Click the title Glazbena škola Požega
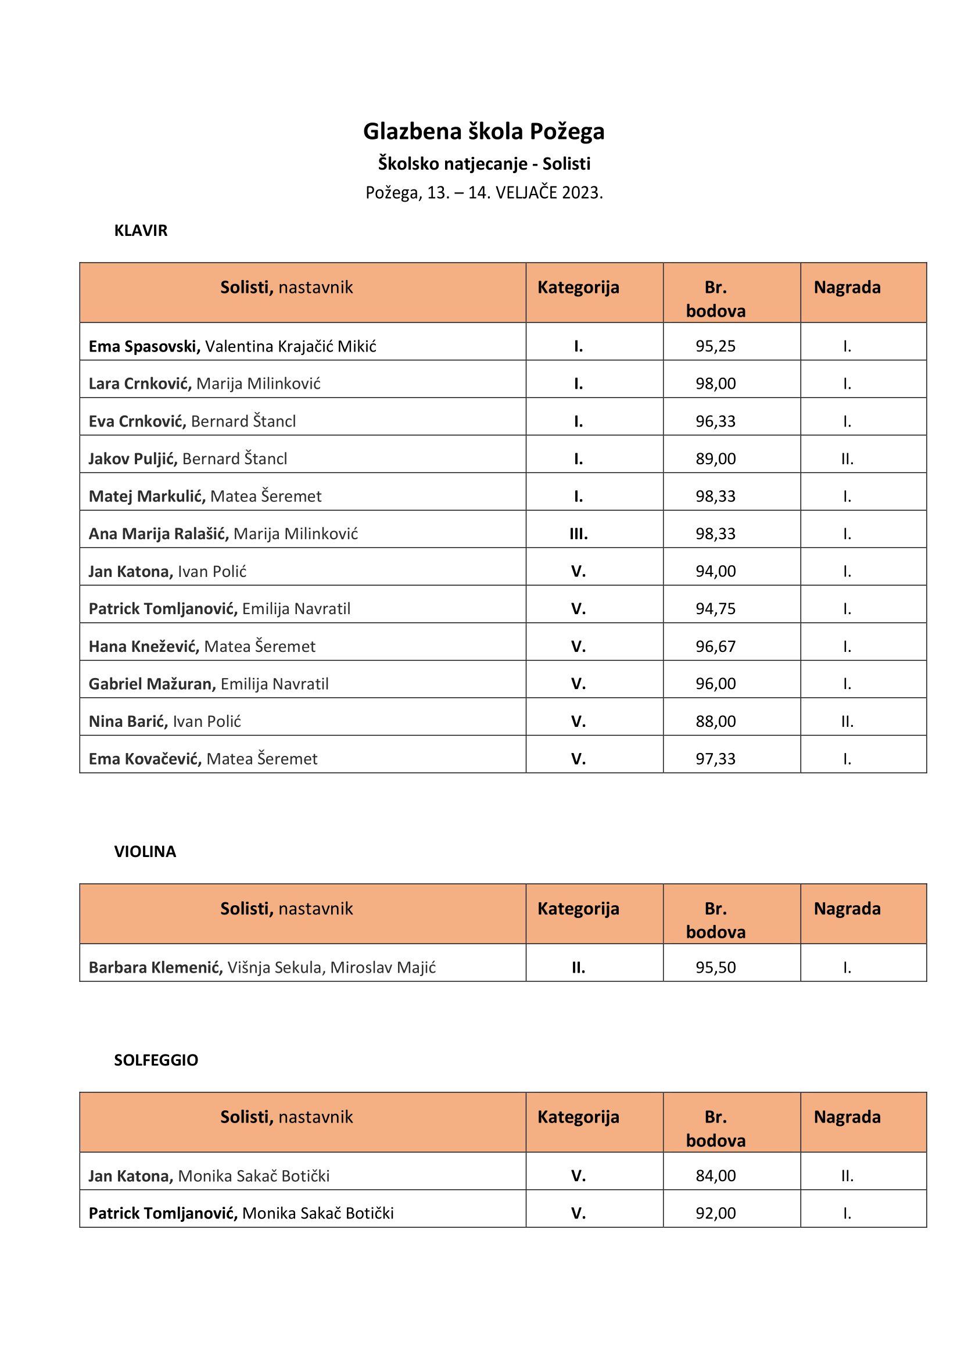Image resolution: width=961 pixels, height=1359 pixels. [x=483, y=131]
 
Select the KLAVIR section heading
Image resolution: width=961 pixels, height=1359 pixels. [x=141, y=231]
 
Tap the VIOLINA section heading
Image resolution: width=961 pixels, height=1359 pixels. [x=145, y=852]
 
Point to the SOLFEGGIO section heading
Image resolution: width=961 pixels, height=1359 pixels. [x=156, y=1060]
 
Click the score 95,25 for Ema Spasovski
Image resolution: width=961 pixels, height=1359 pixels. [x=715, y=346]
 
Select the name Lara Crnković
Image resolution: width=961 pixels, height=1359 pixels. [x=139, y=383]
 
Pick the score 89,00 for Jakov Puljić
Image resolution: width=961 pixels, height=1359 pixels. [x=715, y=459]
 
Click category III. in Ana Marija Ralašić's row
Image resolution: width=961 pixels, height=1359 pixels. [x=578, y=534]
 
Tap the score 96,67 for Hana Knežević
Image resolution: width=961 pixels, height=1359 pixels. [x=715, y=646]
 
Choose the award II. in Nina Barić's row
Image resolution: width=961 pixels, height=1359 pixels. [x=847, y=722]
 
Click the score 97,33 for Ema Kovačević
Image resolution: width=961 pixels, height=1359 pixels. [x=715, y=759]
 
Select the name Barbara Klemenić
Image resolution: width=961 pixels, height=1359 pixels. [x=156, y=968]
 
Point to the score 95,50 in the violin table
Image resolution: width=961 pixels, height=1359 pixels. [x=715, y=968]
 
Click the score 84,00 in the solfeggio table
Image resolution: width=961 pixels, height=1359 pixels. [x=715, y=1176]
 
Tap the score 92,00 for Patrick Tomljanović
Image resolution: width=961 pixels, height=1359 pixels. [x=715, y=1213]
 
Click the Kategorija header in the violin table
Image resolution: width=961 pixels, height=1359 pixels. [x=578, y=909]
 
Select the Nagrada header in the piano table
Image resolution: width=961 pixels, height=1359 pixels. [x=847, y=288]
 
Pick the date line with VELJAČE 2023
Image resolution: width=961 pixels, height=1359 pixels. [x=483, y=193]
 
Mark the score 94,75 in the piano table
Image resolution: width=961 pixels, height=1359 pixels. [x=715, y=609]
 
